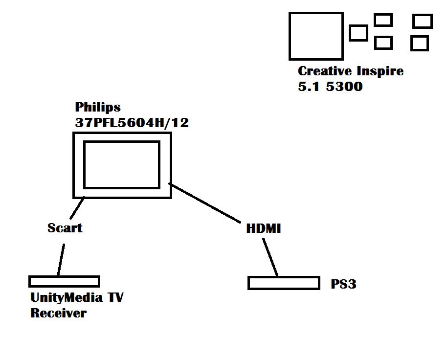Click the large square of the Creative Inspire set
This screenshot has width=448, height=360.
315,36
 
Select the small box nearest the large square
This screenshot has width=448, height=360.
358,33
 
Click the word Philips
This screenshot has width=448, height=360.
98,107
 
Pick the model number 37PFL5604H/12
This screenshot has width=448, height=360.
132,123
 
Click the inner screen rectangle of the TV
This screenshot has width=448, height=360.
122,164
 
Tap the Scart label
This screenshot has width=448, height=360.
65,228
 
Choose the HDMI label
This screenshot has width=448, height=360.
264,228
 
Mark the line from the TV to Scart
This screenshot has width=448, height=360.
78,208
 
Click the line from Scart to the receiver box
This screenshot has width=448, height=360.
61,259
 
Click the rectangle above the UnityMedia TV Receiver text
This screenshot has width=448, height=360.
64,281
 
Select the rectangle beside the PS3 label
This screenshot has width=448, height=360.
284,283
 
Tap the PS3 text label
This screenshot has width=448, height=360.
343,284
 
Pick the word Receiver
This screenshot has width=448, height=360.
58,313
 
